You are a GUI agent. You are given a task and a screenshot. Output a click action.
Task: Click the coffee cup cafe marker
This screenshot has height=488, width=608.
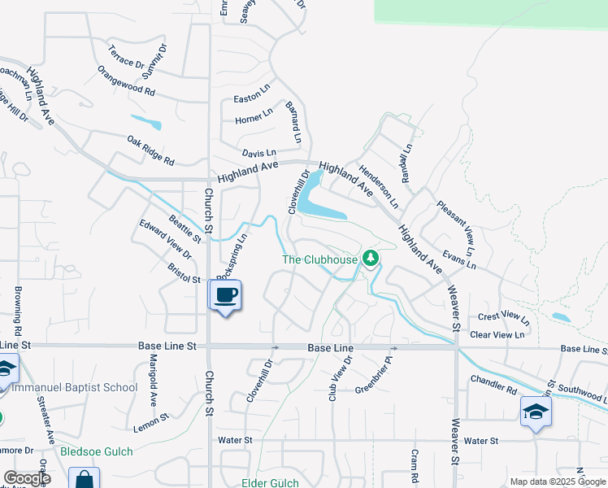226,295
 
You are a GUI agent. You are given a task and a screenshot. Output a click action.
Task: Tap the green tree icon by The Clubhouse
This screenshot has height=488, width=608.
371,259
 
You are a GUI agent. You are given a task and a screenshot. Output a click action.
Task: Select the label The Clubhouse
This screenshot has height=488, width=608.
320,259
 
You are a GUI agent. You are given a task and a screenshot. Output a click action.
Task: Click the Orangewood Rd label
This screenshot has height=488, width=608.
125,81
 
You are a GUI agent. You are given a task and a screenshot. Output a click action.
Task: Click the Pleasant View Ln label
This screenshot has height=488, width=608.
454,224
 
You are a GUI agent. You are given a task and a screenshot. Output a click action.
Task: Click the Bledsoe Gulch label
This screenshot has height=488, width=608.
96,451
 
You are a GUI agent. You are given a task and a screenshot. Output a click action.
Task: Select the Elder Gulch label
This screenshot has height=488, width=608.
271,482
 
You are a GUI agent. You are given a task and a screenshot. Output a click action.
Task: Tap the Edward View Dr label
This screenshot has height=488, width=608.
164,239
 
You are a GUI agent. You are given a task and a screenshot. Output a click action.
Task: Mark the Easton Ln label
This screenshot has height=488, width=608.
251,98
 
